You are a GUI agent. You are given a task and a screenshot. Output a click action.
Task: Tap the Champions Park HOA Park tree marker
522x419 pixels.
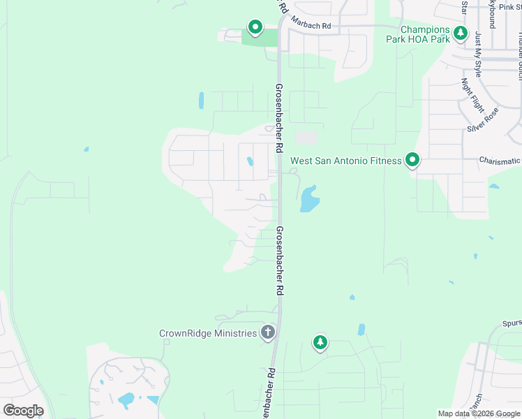(x=460, y=33)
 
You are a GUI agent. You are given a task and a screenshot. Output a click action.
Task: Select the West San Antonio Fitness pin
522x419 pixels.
(x=412, y=161)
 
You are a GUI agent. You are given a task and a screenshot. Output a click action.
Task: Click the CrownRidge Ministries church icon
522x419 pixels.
(x=267, y=333)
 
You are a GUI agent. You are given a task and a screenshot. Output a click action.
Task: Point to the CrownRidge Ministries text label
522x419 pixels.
(x=208, y=334)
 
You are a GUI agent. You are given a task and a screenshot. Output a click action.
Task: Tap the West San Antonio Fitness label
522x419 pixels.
(x=345, y=161)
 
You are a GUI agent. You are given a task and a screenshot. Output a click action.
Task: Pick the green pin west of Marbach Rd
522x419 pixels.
(x=255, y=27)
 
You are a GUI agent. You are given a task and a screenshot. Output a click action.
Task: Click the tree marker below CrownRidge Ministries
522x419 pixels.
(x=320, y=341)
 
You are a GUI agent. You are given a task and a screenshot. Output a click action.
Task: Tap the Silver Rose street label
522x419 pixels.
(x=483, y=119)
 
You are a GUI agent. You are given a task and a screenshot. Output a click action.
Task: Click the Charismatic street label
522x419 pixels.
(x=499, y=161)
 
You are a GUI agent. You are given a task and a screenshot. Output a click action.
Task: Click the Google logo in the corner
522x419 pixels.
(x=23, y=411)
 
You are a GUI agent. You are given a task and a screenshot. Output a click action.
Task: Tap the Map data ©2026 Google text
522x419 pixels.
(x=479, y=413)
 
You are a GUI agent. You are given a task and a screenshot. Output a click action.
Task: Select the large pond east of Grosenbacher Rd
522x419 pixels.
(x=309, y=200)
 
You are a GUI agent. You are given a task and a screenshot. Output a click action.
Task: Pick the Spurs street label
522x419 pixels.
(x=512, y=324)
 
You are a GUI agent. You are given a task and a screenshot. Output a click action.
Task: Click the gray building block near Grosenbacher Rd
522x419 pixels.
(x=306, y=138)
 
